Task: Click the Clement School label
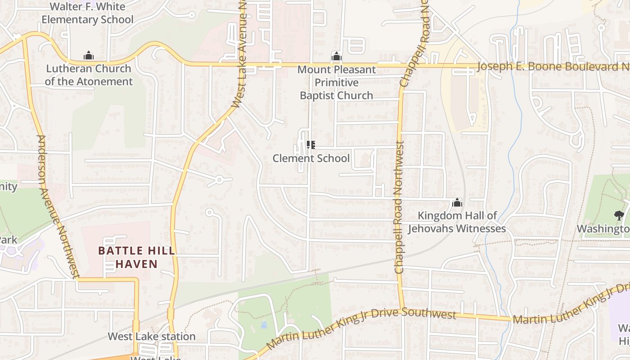tap(311, 158)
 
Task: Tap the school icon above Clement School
tap(310, 145)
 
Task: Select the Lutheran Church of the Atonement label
tap(89, 75)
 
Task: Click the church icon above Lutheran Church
tap(89, 56)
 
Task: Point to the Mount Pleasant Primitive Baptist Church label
tap(337, 83)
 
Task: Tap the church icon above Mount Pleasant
tap(336, 57)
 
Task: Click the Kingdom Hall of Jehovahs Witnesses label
tap(457, 222)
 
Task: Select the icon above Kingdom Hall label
tap(457, 203)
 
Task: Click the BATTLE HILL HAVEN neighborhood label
tap(136, 257)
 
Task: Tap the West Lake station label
tap(152, 337)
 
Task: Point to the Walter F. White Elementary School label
tap(88, 13)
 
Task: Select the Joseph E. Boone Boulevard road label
tap(553, 67)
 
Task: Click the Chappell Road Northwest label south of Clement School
tap(399, 207)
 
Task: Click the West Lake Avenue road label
tap(239, 54)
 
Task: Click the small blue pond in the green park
tap(264, 324)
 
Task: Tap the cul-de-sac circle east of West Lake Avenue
tap(219, 180)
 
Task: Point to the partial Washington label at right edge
tap(603, 229)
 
